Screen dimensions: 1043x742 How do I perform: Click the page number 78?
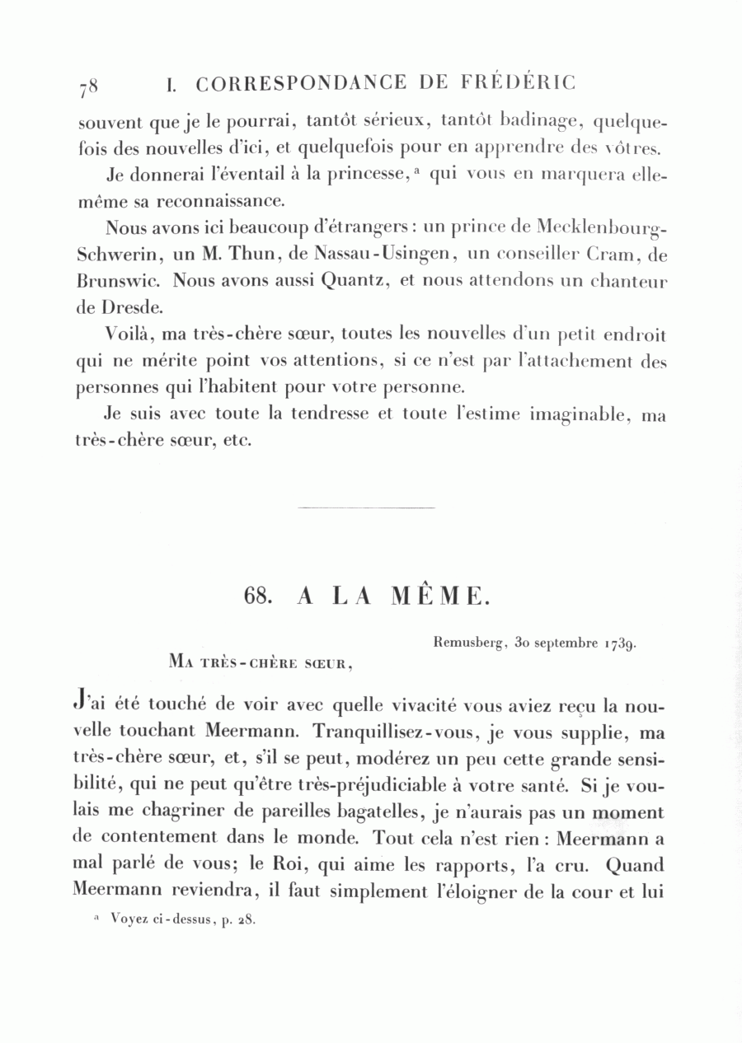click(x=89, y=86)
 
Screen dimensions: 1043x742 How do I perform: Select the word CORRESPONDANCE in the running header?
click(x=302, y=83)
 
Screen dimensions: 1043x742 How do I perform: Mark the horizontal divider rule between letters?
click(x=365, y=507)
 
